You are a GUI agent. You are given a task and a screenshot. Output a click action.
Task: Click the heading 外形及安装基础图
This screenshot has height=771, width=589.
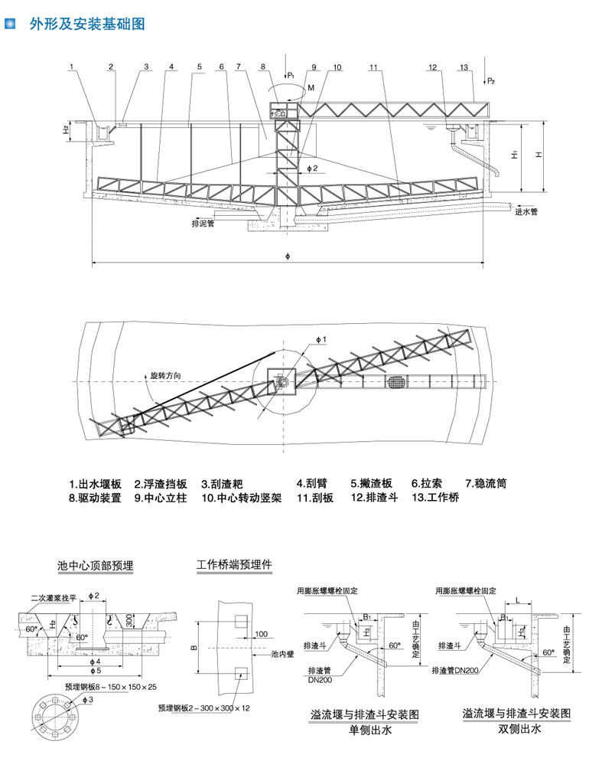coord(86,25)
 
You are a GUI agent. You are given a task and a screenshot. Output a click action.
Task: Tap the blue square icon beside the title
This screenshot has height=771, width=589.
coord(11,25)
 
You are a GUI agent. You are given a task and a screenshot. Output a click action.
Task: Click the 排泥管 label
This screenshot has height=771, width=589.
coord(203,224)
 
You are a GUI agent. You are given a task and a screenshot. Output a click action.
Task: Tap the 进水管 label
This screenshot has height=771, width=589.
coord(527,211)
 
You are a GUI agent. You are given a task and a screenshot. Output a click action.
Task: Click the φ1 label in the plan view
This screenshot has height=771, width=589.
coord(321,339)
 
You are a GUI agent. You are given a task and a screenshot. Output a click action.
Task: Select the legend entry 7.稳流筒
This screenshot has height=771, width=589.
coord(486,484)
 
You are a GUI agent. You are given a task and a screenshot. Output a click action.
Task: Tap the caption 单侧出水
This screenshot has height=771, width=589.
coord(369,731)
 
